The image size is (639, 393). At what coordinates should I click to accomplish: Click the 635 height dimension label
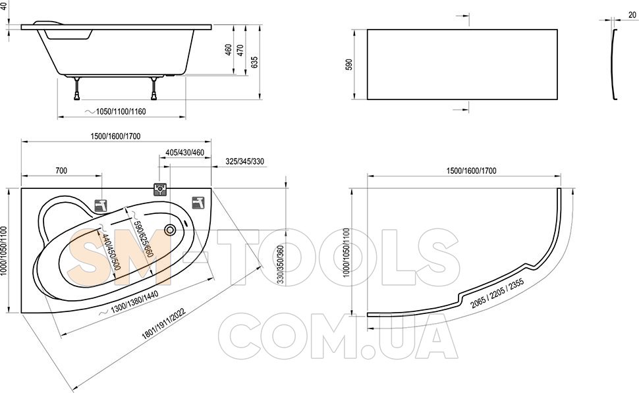[x=255, y=62]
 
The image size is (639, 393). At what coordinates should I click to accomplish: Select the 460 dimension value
[x=229, y=50]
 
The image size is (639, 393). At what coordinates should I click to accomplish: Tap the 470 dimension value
[x=240, y=50]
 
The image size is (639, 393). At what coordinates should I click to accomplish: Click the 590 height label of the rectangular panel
[x=349, y=65]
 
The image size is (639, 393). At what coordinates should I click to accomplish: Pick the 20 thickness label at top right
[x=632, y=15]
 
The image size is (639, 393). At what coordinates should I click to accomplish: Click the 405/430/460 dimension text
[x=184, y=153]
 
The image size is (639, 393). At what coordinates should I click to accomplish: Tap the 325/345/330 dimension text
[x=244, y=161]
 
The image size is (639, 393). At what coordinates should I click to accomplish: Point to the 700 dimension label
[x=61, y=170]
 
